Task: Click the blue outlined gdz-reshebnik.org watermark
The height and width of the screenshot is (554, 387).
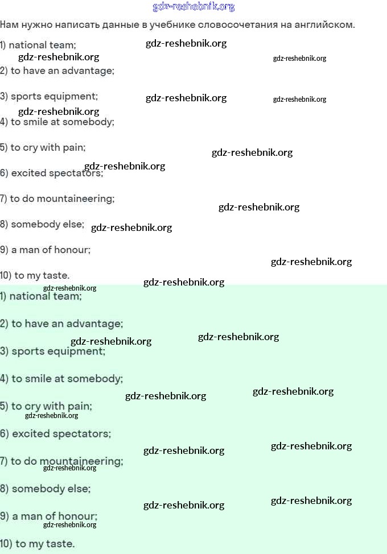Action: pos(193,6)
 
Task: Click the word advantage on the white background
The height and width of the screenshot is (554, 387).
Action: pos(88,71)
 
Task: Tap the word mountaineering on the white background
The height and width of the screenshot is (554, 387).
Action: pos(76,199)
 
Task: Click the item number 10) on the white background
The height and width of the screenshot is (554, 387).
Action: pos(6,276)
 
